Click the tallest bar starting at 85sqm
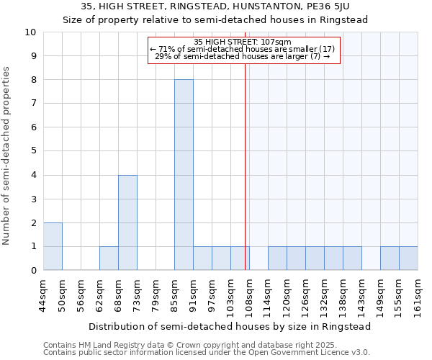coord(184,175)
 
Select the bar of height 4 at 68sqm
coord(127,222)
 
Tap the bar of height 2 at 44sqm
coord(53,246)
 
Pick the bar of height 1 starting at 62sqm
coord(109,258)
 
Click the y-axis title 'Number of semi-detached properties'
coord(6,156)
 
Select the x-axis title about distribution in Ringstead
coord(230,326)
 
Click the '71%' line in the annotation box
coord(243,49)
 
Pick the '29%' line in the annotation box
coord(243,56)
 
